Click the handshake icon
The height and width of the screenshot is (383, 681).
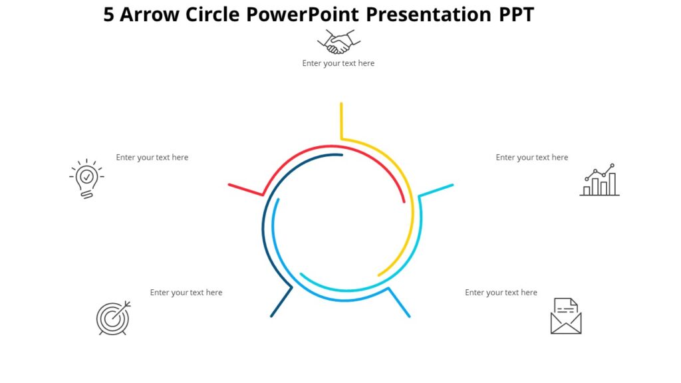pos(339,43)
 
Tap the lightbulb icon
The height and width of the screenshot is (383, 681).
pos(86,179)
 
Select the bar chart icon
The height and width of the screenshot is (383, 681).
pos(599,181)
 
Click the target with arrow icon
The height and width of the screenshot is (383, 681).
pos(114,318)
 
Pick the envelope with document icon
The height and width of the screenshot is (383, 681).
pos(566,316)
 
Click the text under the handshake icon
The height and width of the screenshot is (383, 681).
pos(338,64)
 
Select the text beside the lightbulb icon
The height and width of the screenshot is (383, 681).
pos(152,158)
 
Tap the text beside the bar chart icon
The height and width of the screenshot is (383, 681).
pos(531,158)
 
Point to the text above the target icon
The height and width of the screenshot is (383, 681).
pos(186,293)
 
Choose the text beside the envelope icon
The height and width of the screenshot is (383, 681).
pos(501,293)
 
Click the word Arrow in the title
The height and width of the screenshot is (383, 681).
pos(150,15)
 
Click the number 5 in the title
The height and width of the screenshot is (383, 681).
pos(109,15)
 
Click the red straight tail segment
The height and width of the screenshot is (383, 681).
pos(245,190)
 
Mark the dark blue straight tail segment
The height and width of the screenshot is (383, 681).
pos(281,302)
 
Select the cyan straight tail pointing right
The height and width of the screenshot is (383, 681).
pos(436,190)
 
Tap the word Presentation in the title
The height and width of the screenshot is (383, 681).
pos(430,15)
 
